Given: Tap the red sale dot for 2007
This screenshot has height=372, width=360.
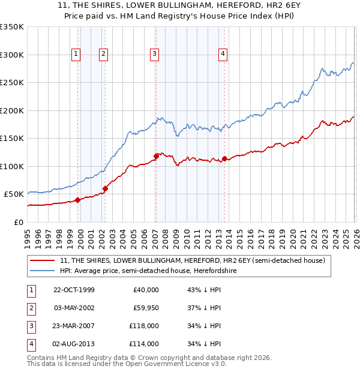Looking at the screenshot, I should point(156,156).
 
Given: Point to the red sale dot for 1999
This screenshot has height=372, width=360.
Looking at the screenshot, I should point(78,200).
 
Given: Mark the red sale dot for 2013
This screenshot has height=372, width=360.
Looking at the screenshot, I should point(224,158).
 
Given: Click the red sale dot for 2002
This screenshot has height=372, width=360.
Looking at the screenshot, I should point(105,188).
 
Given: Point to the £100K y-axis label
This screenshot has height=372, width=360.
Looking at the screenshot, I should point(12,166).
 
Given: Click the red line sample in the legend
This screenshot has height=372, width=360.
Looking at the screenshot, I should point(43,261).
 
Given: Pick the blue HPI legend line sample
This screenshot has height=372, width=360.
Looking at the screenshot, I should point(43,271).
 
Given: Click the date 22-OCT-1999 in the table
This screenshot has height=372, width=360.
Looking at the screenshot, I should point(74,290).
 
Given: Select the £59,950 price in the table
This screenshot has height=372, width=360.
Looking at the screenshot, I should point(146,308).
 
